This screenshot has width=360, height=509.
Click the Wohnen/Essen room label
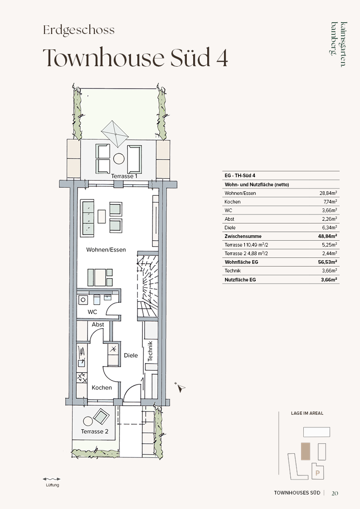106,250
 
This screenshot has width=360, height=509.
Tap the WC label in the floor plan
92,312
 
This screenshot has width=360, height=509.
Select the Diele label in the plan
131,355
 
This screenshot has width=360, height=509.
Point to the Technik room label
150,351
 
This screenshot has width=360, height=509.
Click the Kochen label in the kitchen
102,388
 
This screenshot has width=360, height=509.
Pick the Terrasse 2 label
94,431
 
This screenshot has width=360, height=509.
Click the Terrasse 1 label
124,176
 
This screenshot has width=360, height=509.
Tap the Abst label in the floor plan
98,325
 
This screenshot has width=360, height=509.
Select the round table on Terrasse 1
119,159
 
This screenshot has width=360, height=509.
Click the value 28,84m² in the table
328,193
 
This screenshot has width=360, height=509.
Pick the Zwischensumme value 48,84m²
327,236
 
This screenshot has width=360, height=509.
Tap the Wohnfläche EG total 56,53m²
327,262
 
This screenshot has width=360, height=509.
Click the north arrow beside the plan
180,387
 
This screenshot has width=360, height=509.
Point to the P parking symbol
317,473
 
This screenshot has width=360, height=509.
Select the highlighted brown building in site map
306,451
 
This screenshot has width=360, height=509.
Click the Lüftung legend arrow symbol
52,479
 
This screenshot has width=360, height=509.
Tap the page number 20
335,493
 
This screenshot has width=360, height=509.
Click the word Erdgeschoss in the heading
79,30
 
